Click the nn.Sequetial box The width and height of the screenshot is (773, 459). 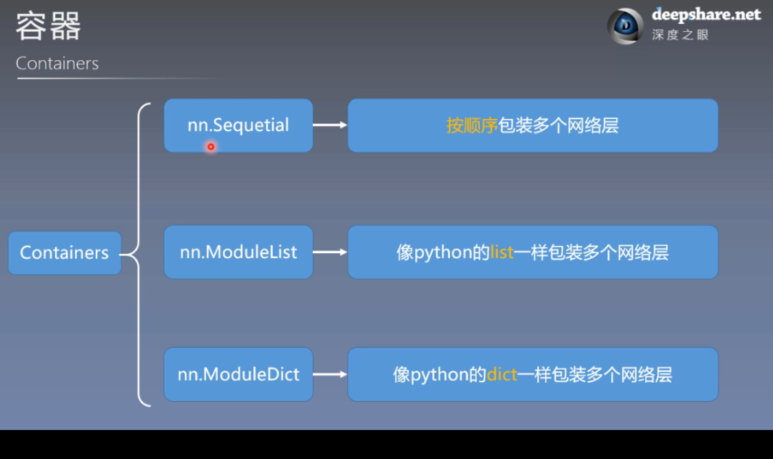(x=238, y=125)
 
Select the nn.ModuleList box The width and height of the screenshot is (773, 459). (x=238, y=252)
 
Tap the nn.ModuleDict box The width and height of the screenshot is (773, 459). (x=238, y=374)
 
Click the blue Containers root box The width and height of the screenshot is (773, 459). (x=65, y=253)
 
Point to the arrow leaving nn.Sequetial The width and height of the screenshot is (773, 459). (x=330, y=125)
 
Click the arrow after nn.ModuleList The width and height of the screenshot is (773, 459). (x=330, y=252)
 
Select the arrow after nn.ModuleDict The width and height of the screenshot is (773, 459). (x=330, y=374)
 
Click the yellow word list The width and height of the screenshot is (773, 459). (x=502, y=252)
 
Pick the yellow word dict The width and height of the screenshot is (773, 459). (x=502, y=374)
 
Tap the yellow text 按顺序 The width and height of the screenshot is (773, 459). (x=472, y=125)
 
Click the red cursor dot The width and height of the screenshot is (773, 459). (x=210, y=146)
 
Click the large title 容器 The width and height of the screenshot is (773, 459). (x=48, y=26)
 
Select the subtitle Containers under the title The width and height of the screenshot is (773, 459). (x=57, y=63)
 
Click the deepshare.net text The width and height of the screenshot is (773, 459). (x=705, y=15)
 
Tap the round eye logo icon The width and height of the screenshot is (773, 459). (x=625, y=26)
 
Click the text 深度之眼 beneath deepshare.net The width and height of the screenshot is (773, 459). (x=679, y=35)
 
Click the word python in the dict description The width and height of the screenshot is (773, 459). (x=438, y=375)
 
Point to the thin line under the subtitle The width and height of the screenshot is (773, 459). (x=116, y=78)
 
